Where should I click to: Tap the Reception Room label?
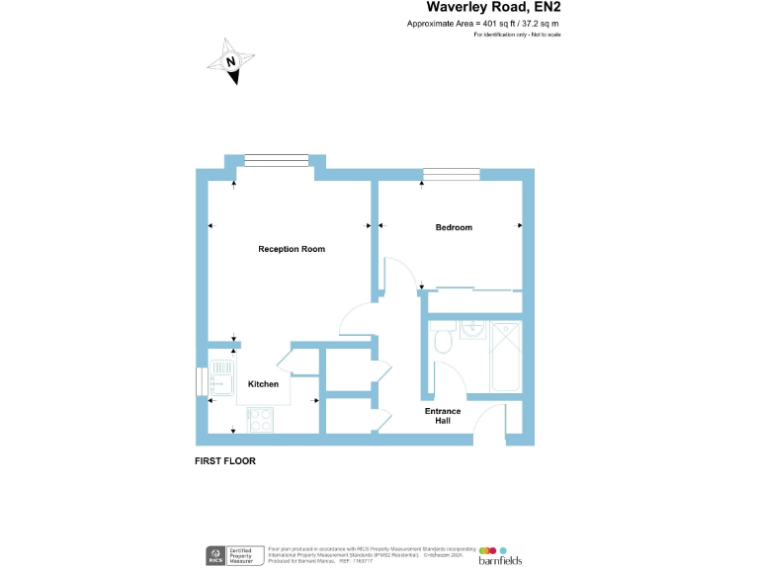coord(292,249)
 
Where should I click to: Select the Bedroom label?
coord(454,227)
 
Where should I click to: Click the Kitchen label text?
coord(263,383)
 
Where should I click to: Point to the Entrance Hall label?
coord(443,416)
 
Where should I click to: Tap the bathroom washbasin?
coord(471,330)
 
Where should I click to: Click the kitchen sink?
coord(218,380)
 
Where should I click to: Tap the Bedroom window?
coord(450,175)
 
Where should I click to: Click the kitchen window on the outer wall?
coord(203,381)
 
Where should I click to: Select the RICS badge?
coord(212,555)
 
